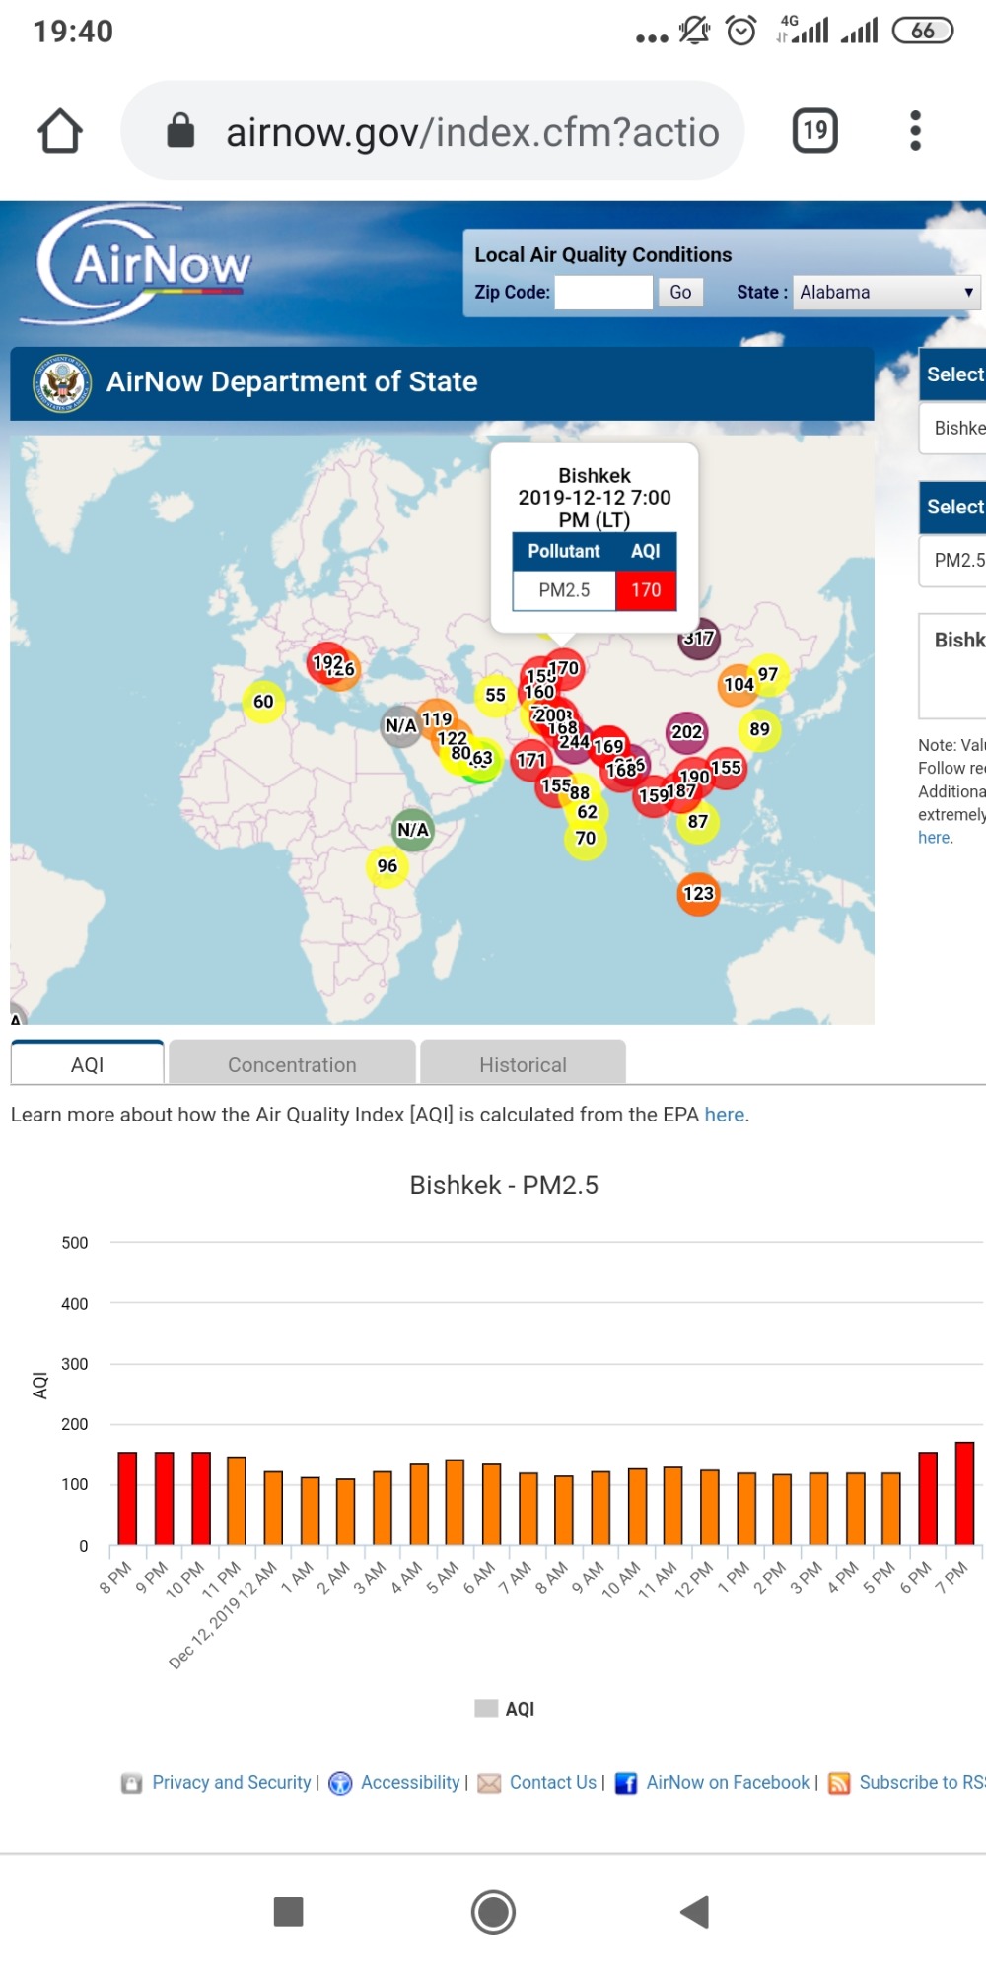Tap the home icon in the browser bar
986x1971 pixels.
pos(60,131)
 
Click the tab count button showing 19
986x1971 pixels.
pos(815,131)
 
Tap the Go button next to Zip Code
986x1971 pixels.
pos(680,292)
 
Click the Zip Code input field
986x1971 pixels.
pos(603,292)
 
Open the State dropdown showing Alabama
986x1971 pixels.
pos(885,292)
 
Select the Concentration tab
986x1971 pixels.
pos(292,1064)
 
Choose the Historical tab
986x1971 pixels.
pos(523,1064)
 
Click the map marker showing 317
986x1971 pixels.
pos(699,639)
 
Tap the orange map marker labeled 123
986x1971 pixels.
pos(698,894)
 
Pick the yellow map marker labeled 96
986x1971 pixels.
pos(387,866)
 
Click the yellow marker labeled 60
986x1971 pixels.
pos(263,702)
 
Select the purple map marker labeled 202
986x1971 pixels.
pos(686,732)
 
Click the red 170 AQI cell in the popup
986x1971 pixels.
pos(646,590)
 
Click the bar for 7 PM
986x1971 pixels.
pos(964,1493)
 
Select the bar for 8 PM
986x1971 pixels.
pos(127,1498)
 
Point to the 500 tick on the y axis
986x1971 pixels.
pos(75,1243)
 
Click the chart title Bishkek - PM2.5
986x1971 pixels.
pos(504,1185)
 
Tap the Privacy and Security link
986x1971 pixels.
pos(231,1782)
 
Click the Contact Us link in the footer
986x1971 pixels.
pos(552,1782)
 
